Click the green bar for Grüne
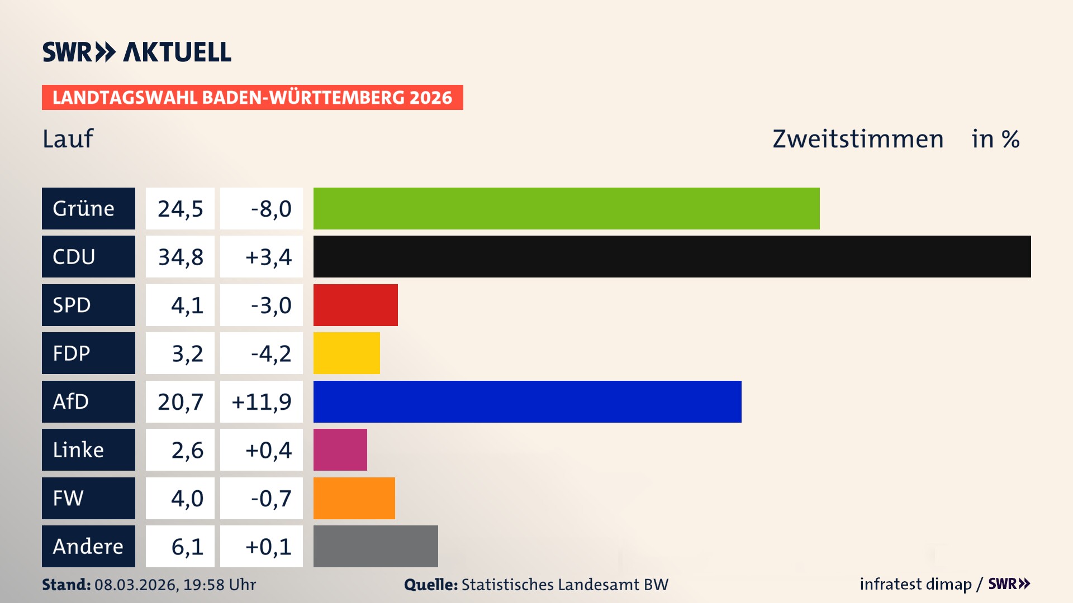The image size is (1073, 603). click(566, 208)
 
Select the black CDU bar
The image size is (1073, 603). click(672, 256)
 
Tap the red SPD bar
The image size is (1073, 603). click(355, 305)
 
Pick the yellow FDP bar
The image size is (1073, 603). click(346, 353)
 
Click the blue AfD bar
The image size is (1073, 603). click(527, 401)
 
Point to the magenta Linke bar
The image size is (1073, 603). click(340, 449)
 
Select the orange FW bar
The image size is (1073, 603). click(354, 498)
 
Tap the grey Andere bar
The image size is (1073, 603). click(376, 546)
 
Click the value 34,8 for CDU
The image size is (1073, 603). click(181, 257)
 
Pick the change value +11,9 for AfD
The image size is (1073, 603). click(262, 402)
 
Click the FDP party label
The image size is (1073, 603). click(72, 353)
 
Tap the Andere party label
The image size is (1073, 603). click(88, 547)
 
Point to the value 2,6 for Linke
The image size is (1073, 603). click(187, 450)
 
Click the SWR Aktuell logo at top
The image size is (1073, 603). click(136, 52)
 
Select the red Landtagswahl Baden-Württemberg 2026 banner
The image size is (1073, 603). click(252, 98)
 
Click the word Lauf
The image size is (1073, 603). click(68, 139)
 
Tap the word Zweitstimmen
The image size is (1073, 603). click(858, 139)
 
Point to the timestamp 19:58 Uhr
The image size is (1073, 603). click(220, 585)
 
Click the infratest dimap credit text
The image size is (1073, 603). click(915, 584)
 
